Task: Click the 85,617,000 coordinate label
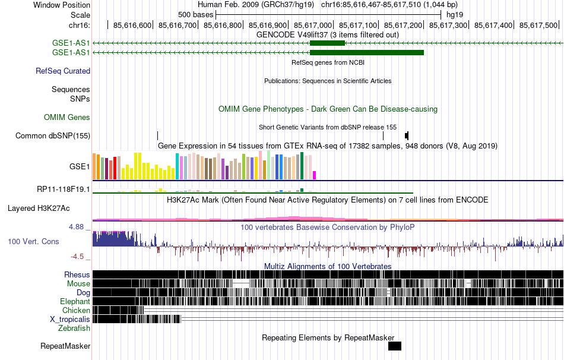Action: click(315, 26)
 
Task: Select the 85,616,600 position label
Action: click(132, 26)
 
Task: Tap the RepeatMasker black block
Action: click(395, 346)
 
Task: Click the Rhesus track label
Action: click(77, 274)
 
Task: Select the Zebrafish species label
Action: click(74, 328)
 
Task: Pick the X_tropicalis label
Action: click(70, 319)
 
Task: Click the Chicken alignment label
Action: click(76, 310)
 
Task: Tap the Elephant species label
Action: click(75, 301)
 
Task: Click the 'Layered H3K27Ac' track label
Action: click(39, 209)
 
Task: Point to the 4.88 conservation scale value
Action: click(80, 227)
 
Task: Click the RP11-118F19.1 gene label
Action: click(63, 190)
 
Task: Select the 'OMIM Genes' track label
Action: click(67, 118)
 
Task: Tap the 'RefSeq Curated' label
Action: click(63, 71)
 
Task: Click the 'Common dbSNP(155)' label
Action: click(53, 135)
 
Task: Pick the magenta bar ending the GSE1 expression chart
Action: click(315, 175)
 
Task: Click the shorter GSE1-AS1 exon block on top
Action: click(327, 43)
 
